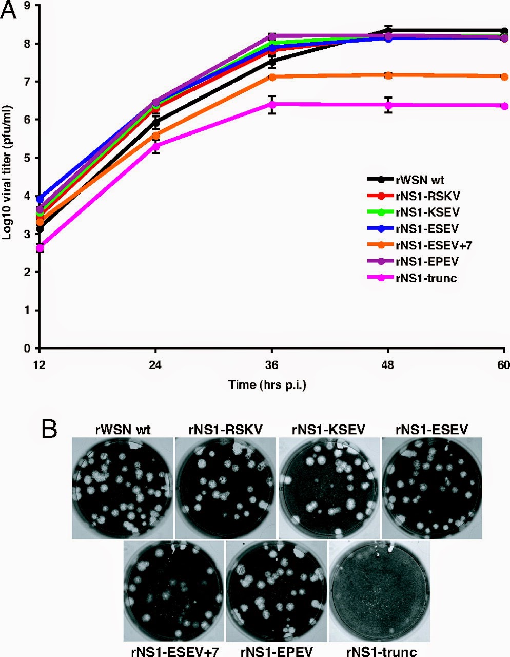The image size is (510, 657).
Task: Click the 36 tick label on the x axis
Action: (x=272, y=365)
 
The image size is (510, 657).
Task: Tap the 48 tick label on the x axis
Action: (x=388, y=365)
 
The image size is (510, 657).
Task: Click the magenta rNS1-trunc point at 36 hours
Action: (x=272, y=104)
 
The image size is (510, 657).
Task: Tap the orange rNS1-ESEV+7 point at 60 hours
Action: (x=504, y=76)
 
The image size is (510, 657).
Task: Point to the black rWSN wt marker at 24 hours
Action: (x=156, y=122)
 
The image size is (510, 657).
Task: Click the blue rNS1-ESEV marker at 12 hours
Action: (x=40, y=199)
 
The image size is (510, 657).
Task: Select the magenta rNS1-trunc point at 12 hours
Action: (x=40, y=248)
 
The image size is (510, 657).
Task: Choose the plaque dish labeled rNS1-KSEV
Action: (x=328, y=488)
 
